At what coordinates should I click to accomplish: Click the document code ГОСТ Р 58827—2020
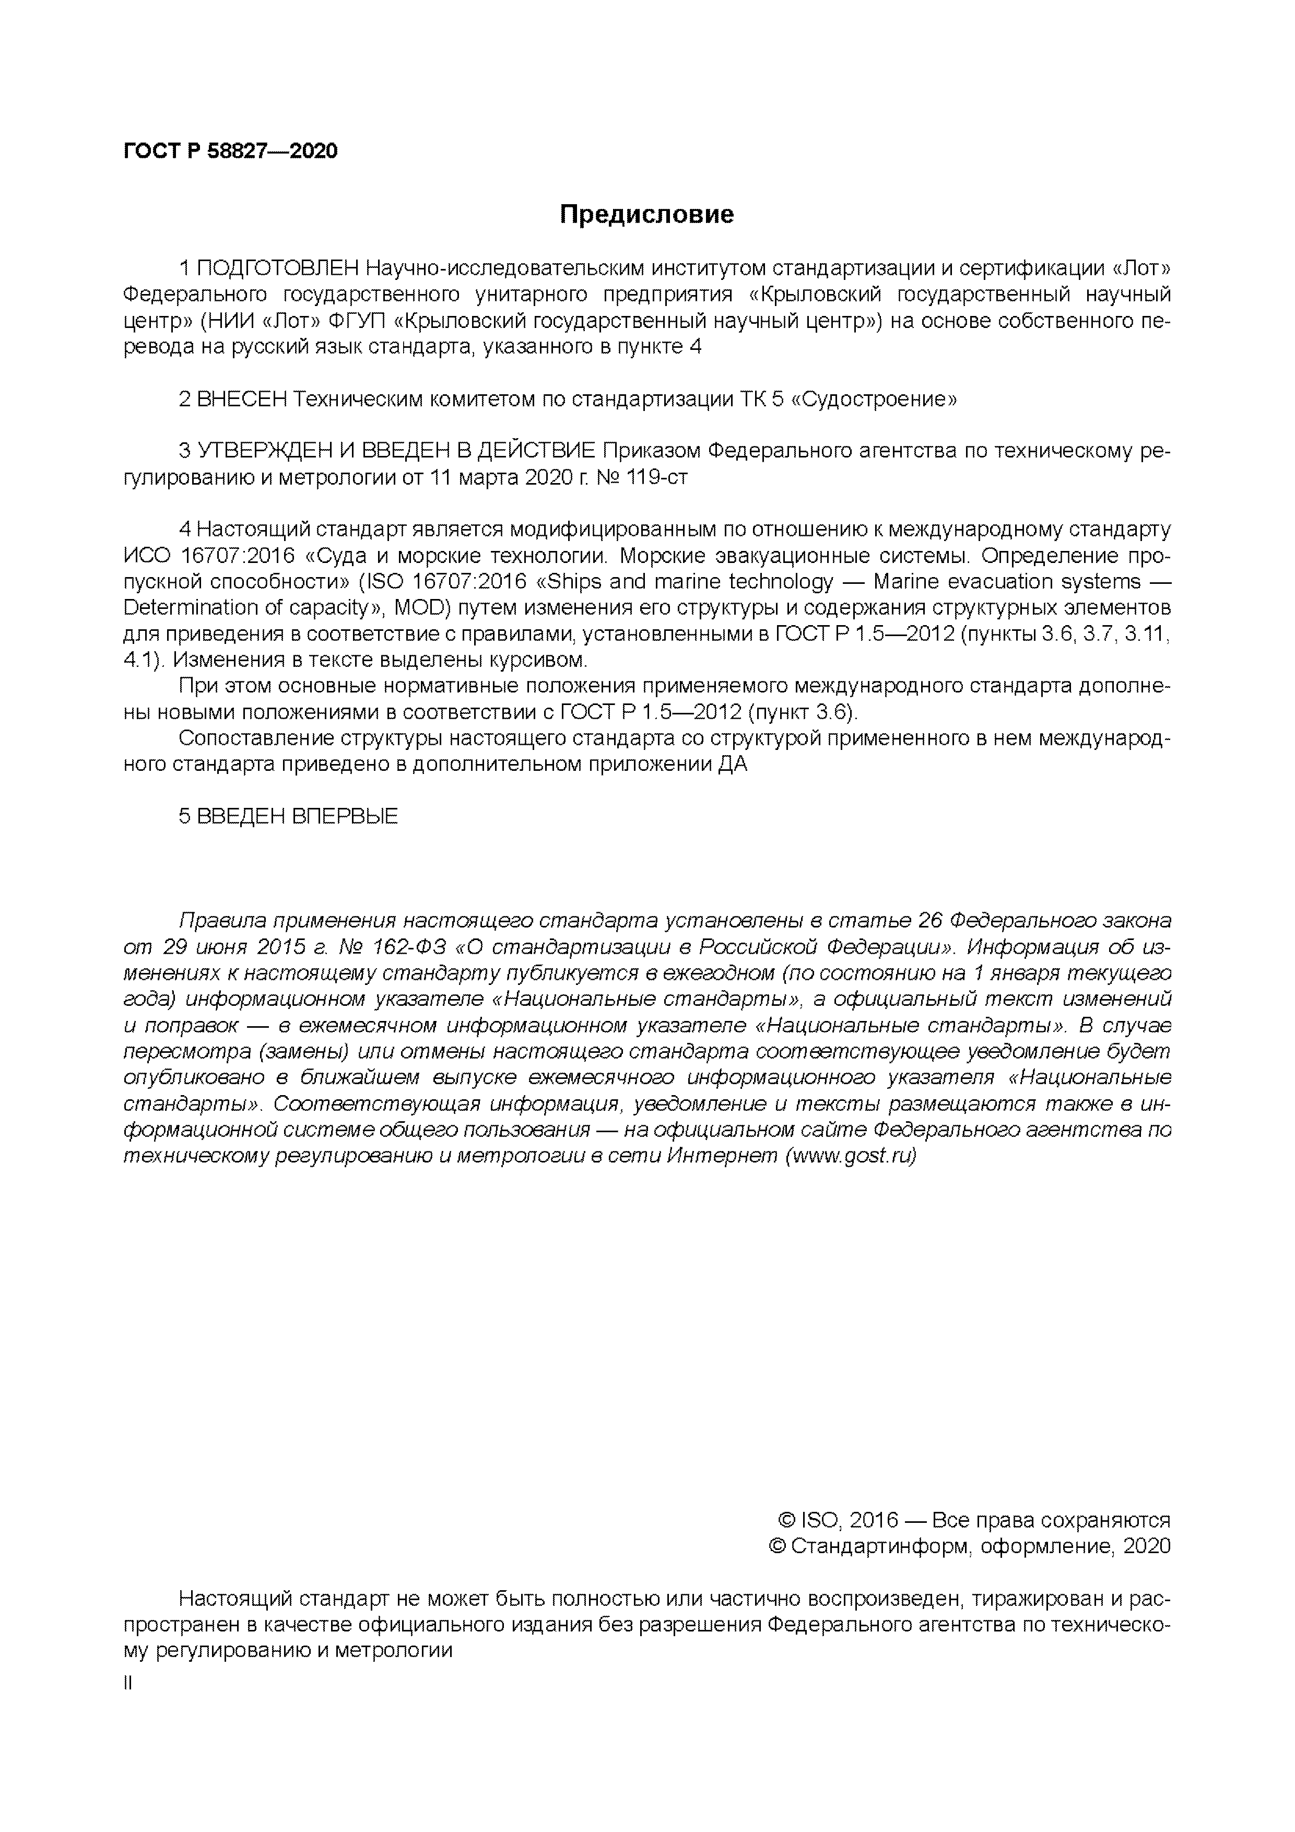(231, 151)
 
